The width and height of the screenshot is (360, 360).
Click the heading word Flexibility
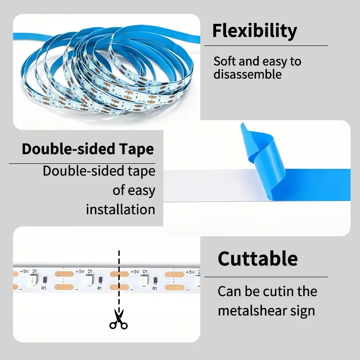pos(255,31)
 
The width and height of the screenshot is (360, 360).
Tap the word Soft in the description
pos(225,61)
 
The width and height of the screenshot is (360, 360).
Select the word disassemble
pos(247,74)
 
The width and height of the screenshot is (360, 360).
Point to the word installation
pos(121,209)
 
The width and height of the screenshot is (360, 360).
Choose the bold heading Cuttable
pos(257,259)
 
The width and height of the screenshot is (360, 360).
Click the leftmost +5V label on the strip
pos(24,271)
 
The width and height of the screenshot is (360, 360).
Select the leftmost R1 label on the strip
pos(44,288)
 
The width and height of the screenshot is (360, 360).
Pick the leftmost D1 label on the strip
pos(35,271)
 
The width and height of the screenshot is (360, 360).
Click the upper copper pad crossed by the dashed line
pos(119,274)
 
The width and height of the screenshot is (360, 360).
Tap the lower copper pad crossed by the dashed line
pos(119,287)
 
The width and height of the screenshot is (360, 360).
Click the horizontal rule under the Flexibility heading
pos(266,46)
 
